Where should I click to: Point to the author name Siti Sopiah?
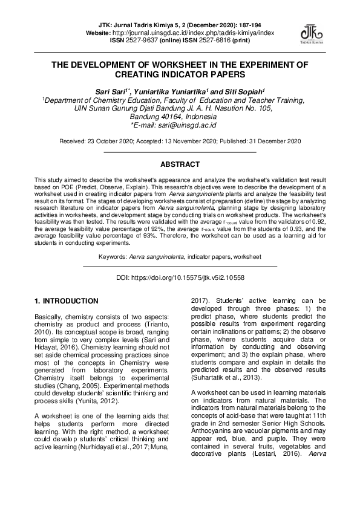249,91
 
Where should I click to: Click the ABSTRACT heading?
180,164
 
